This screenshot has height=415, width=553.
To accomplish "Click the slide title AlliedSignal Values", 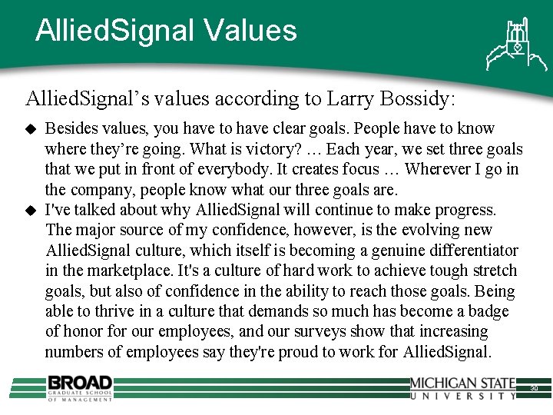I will pos(166,31).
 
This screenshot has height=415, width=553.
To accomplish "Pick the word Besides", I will pos(71,128).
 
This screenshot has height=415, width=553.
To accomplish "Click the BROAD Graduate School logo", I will pos(79,387).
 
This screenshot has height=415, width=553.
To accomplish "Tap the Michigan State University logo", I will pos(463,388).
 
